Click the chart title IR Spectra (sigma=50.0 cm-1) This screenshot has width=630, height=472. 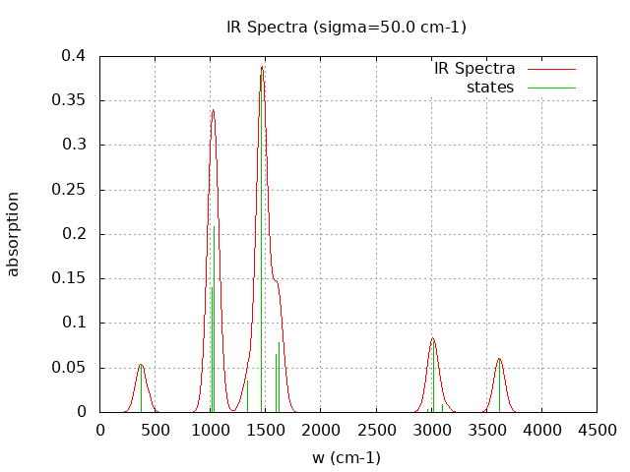click(x=346, y=28)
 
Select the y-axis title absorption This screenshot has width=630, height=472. click(x=14, y=234)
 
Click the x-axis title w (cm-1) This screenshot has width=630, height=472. click(x=346, y=457)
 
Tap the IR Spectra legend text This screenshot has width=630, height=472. click(x=474, y=69)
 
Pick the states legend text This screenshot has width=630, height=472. click(x=490, y=88)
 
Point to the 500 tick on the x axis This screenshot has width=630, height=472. click(x=155, y=430)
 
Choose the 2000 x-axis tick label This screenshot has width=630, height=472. click(x=321, y=430)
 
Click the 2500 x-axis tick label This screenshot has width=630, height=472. click(x=376, y=430)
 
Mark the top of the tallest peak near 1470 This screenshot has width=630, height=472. click(x=263, y=66)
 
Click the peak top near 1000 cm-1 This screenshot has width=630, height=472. click(x=213, y=110)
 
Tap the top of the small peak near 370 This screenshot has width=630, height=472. click(x=141, y=365)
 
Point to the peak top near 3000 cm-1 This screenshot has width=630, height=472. click(x=432, y=338)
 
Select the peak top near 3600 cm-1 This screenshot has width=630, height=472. click(x=499, y=358)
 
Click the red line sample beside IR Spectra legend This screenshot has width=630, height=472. click(x=551, y=70)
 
